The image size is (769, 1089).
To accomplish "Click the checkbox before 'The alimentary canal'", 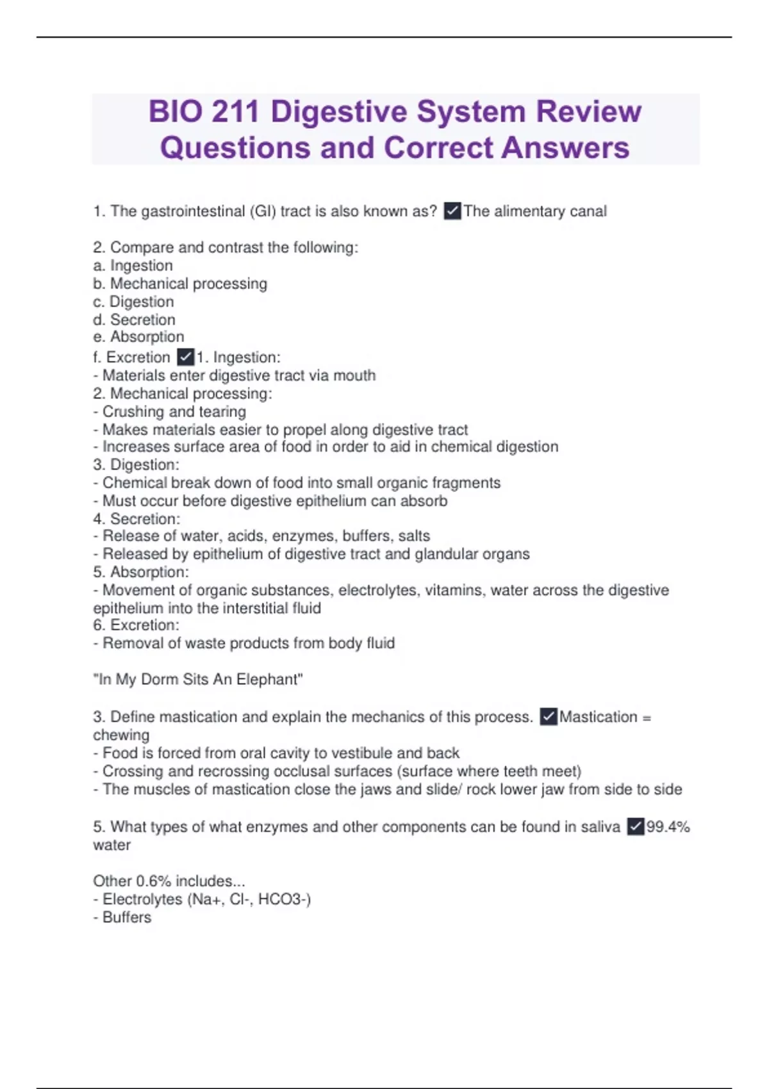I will (x=452, y=211).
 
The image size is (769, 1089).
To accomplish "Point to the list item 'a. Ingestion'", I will (x=133, y=265).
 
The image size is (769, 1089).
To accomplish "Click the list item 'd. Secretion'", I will (x=134, y=320).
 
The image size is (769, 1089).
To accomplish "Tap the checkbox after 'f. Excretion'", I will (x=186, y=357).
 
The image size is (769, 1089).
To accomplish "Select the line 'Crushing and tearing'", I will (x=174, y=411).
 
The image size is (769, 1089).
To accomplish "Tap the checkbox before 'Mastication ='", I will (x=549, y=716).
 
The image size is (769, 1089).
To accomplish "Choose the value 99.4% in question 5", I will (x=668, y=827).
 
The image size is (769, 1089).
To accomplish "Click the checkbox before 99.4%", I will (x=635, y=827).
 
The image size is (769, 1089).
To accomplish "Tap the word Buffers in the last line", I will (x=127, y=917).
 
